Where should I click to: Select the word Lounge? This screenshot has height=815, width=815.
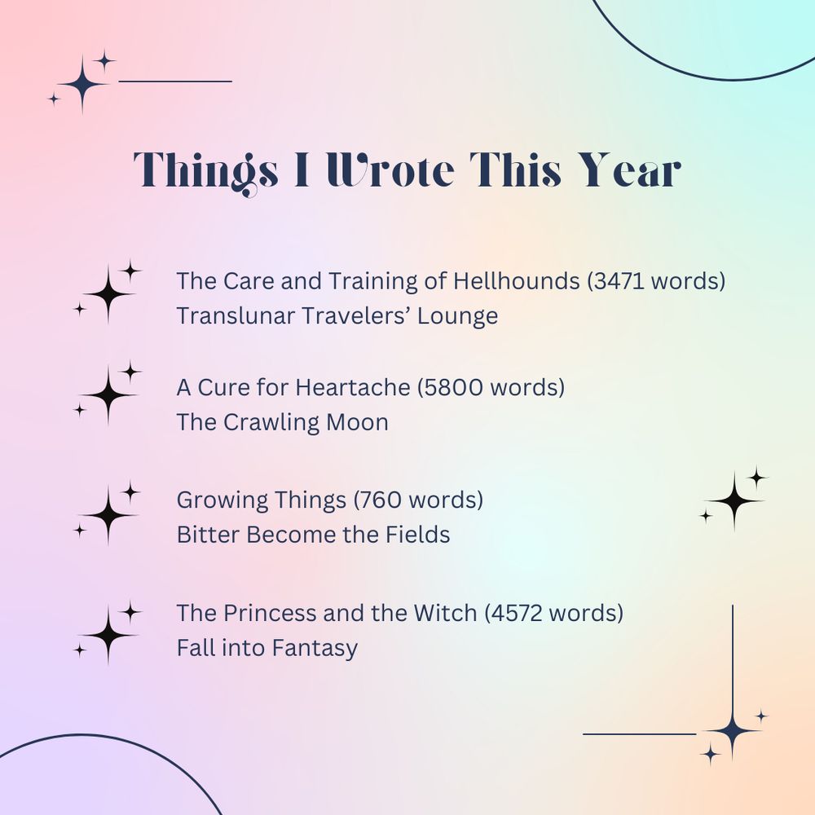point(457,315)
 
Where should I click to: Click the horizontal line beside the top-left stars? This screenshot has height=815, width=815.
point(175,81)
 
